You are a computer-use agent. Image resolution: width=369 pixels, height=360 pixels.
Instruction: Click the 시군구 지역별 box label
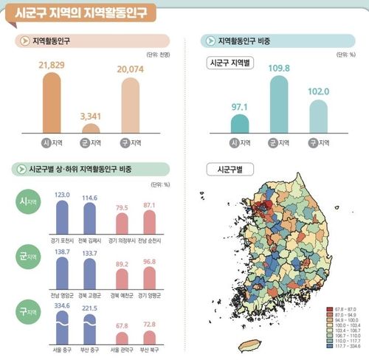coord(231,63)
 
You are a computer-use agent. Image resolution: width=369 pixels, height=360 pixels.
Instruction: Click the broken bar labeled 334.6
coord(63,325)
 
